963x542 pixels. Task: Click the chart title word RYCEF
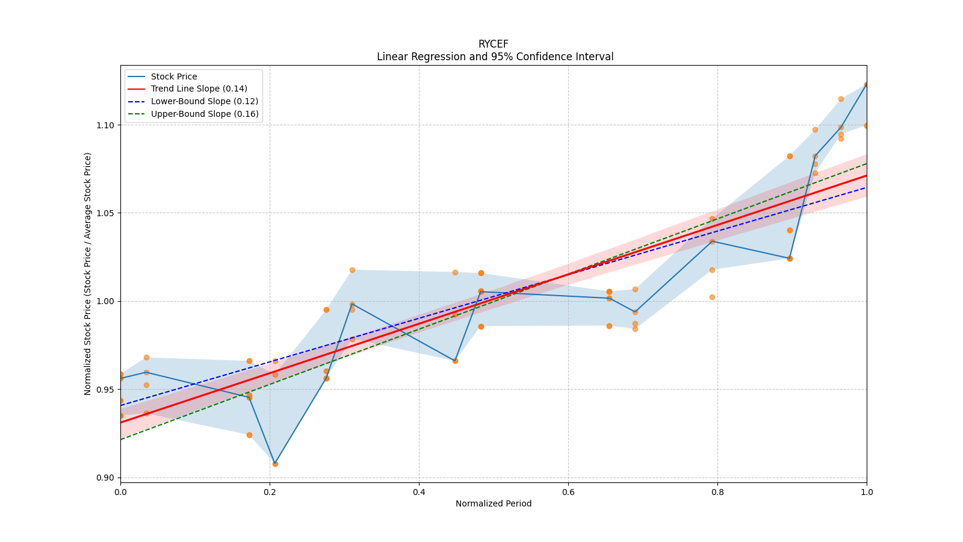[x=493, y=44]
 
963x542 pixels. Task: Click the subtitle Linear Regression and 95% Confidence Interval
[x=495, y=57]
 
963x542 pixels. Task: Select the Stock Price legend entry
[x=173, y=76]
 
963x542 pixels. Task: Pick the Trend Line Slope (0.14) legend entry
[x=199, y=89]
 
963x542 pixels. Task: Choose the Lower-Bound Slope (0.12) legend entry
[x=204, y=102]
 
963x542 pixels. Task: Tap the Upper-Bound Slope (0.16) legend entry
[x=204, y=114]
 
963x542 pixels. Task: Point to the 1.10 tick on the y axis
[x=106, y=125]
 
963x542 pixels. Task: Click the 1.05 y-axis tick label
[x=106, y=213]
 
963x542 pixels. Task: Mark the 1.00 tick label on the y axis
[x=106, y=301]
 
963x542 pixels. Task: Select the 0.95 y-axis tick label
[x=106, y=390]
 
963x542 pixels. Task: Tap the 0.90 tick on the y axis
[x=106, y=478]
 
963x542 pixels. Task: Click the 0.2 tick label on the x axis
[x=270, y=492]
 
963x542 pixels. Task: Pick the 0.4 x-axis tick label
[x=419, y=492]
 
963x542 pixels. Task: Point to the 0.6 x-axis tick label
[x=568, y=492]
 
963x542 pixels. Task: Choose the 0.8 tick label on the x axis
[x=717, y=492]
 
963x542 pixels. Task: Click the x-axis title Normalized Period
[x=494, y=503]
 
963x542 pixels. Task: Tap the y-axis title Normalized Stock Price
[x=88, y=273]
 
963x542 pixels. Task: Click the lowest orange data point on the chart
[x=275, y=464]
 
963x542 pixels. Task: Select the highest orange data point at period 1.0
[x=866, y=85]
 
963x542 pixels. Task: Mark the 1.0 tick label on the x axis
[x=867, y=492]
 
